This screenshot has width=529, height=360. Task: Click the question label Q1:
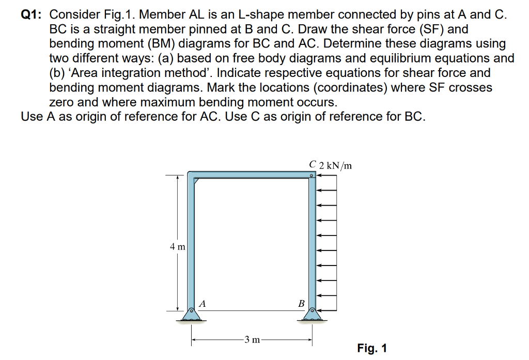point(32,15)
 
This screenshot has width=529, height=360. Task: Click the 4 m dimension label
point(177,247)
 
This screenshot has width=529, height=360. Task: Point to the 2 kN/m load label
point(336,166)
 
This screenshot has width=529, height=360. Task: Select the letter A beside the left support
point(203,304)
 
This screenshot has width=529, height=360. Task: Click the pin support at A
point(191,313)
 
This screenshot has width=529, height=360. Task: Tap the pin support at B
point(312,313)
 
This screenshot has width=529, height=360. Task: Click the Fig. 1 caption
point(371,348)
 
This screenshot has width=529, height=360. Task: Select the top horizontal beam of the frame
point(251,175)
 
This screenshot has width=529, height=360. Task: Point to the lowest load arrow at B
point(327,310)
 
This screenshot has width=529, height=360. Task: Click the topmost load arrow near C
point(327,176)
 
